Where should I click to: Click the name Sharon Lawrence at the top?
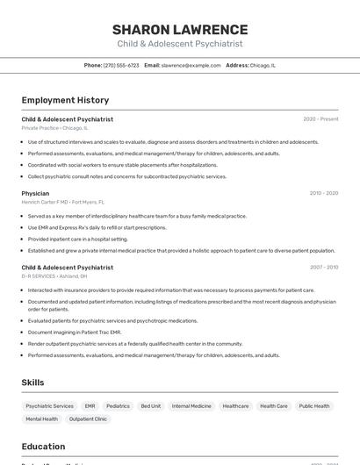coord(180,29)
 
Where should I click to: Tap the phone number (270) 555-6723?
coord(121,65)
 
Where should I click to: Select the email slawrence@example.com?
coord(191,65)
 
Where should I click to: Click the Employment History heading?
coord(65,100)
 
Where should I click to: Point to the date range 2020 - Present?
coord(320,118)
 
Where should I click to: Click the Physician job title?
coord(35,193)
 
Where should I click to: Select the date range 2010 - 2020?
coord(323,193)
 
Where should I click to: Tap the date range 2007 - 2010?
coord(323,268)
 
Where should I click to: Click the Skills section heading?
coord(32,383)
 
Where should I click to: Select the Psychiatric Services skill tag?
coord(50,406)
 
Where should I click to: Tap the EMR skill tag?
coord(90,406)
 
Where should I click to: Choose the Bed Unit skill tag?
coord(150,406)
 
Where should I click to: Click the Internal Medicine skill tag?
coord(191,406)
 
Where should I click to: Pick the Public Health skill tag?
coord(314,406)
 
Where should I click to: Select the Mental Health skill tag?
coord(42,419)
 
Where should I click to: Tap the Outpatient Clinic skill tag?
coord(88,419)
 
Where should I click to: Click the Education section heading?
coord(43,447)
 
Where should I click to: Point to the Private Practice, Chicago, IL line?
coord(54,127)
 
